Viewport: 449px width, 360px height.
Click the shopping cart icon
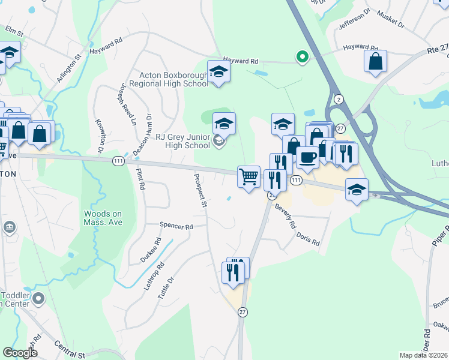click(249, 177)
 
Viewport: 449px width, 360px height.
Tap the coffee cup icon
click(307, 157)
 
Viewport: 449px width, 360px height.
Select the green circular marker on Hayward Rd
click(303, 57)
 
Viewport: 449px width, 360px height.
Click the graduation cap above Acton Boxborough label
click(218, 71)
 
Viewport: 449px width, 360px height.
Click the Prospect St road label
click(200, 191)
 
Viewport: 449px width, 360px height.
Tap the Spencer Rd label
click(176, 227)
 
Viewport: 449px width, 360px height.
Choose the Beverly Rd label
click(286, 216)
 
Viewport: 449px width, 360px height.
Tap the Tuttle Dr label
click(165, 288)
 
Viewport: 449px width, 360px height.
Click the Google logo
click(20, 353)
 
